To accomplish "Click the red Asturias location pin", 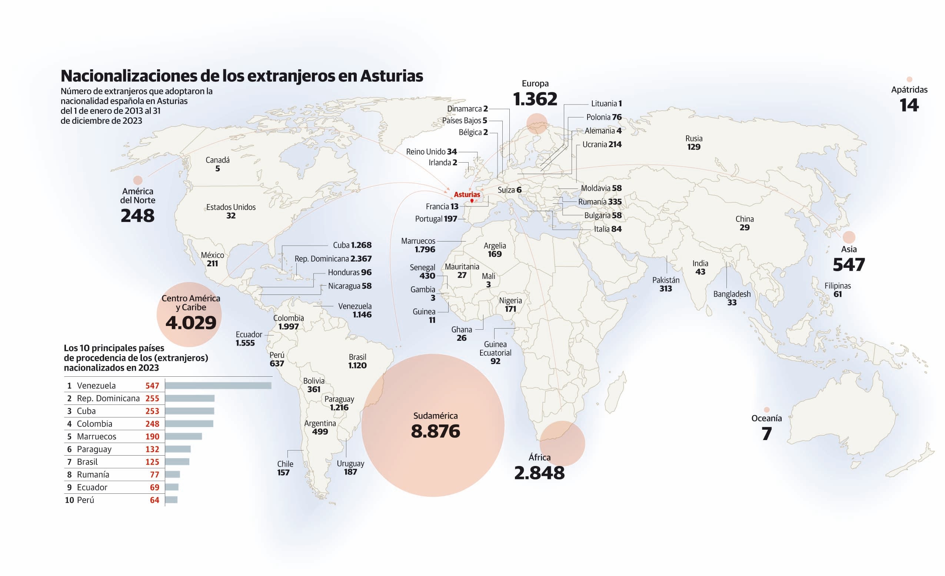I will coord(472,200).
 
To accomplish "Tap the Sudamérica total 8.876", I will coord(435,432).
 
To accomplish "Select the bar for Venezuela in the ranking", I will coord(218,385).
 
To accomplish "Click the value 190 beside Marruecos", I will coord(152,436).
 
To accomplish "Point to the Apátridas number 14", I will coord(909,105).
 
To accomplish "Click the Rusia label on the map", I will coord(694,139).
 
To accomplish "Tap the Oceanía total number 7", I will coord(766,434).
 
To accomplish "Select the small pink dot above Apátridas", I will coord(909,79).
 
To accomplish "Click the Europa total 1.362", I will coord(535,99).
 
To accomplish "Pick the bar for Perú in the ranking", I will coord(171,500).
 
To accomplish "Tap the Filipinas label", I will coord(838,286).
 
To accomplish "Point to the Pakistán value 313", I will coord(666,289).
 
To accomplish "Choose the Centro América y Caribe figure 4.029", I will coord(191,323).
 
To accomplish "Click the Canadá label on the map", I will coord(217,160).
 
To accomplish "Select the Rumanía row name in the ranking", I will coord(93,475).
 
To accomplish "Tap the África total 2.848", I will coord(539,473).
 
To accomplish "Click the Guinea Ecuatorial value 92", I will coord(495,361).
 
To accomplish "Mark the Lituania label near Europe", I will coord(604,104).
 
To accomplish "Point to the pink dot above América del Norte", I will coord(138,180).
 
